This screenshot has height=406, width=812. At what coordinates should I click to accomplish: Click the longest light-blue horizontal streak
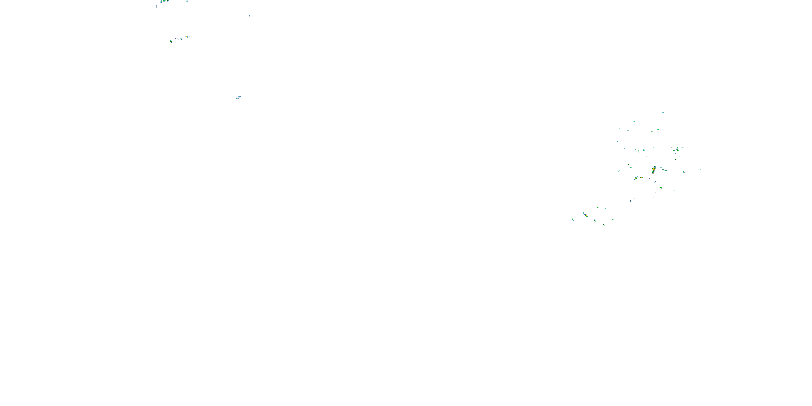click(239, 97)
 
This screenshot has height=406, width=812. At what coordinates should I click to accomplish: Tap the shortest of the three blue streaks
click(236, 100)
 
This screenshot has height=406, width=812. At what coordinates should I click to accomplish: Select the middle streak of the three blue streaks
click(237, 98)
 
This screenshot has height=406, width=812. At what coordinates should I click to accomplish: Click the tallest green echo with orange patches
click(654, 170)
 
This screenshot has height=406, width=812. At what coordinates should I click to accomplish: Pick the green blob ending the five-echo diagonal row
click(186, 37)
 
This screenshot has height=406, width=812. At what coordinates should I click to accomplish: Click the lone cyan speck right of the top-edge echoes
click(249, 16)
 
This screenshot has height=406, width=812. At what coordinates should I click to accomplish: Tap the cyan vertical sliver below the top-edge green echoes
click(157, 6)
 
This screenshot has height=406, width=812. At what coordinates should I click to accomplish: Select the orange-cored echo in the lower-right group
click(586, 216)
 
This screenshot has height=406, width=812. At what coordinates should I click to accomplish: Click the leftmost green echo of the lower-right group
click(572, 219)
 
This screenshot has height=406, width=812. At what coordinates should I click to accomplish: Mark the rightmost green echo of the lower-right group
click(613, 220)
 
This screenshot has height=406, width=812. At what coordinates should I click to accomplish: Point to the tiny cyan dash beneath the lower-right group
click(599, 230)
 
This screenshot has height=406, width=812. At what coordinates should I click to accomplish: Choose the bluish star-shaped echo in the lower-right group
click(605, 209)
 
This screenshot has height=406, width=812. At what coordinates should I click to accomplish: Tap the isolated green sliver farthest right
click(700, 170)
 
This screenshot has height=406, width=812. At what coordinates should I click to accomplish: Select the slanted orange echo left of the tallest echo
click(641, 178)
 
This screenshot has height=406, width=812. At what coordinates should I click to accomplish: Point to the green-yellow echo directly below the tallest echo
click(655, 182)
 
